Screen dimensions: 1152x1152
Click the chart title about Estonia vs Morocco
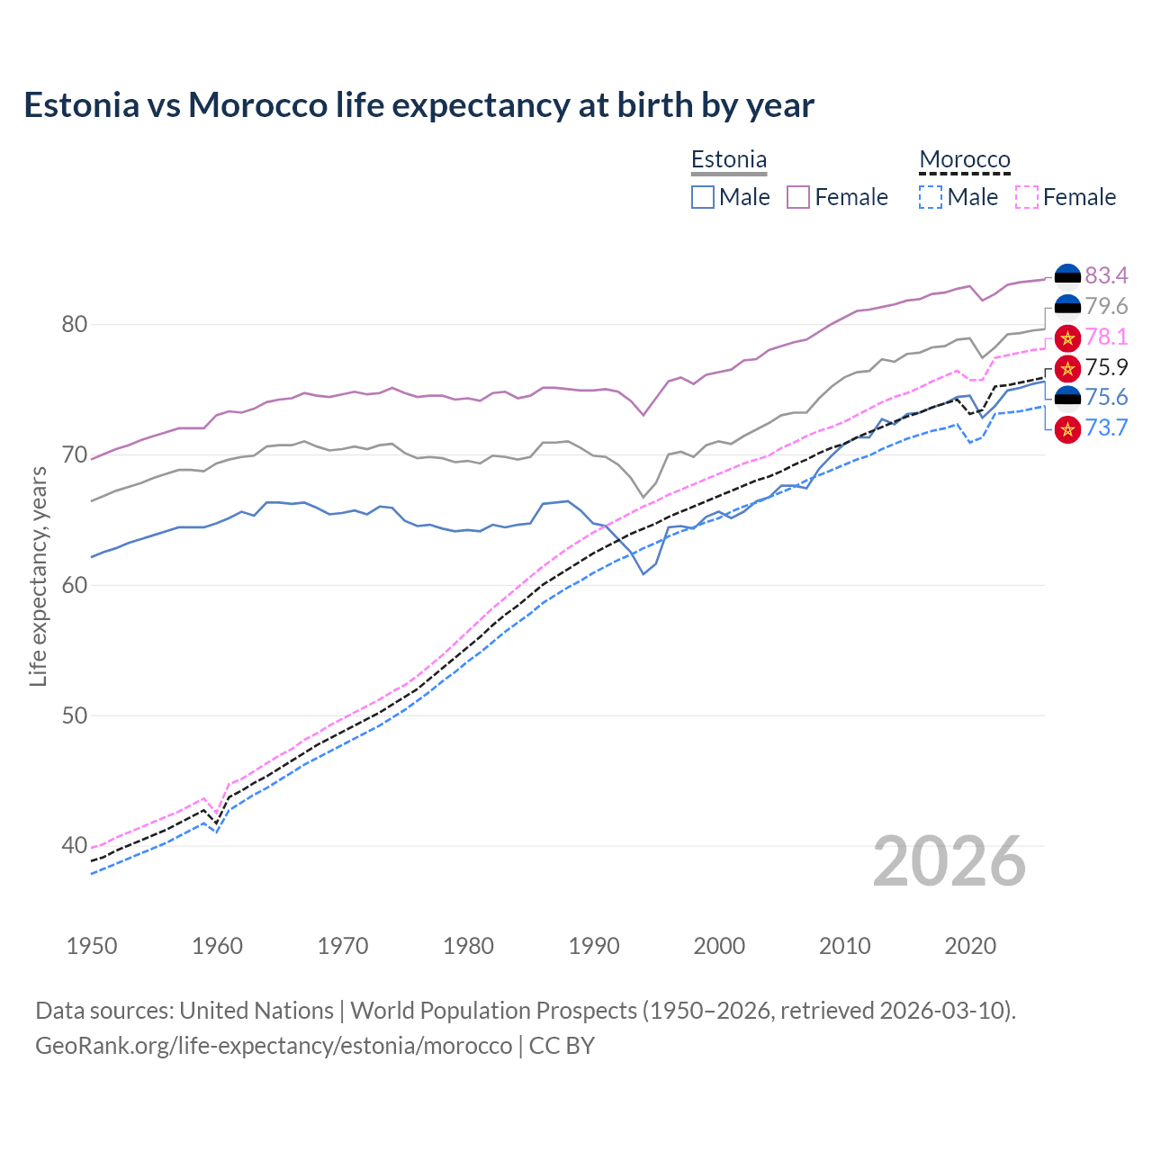coord(418,105)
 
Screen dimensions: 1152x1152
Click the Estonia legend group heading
coord(729,160)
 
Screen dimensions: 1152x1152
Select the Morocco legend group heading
coord(965,160)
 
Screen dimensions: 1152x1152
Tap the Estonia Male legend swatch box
coord(703,197)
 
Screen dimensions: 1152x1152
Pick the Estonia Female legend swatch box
coord(798,197)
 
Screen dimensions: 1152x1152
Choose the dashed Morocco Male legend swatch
coord(931,197)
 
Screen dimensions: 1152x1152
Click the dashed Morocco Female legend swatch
coord(1027,197)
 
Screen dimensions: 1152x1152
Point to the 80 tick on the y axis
coord(74,324)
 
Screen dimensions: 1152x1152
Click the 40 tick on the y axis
coord(74,845)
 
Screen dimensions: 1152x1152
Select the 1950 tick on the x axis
coord(92,946)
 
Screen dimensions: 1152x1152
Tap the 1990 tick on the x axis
coord(594,946)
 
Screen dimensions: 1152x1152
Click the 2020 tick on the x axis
coord(970,946)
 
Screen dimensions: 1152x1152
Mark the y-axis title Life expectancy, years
coord(38,576)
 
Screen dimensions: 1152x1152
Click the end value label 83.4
coord(1106,275)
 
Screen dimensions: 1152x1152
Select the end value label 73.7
coord(1106,427)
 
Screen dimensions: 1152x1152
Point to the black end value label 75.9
coord(1106,367)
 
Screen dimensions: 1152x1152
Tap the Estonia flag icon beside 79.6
coord(1067,306)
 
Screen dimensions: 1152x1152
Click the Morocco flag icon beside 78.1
coord(1067,337)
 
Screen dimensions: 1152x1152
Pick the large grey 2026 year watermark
coord(949,861)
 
